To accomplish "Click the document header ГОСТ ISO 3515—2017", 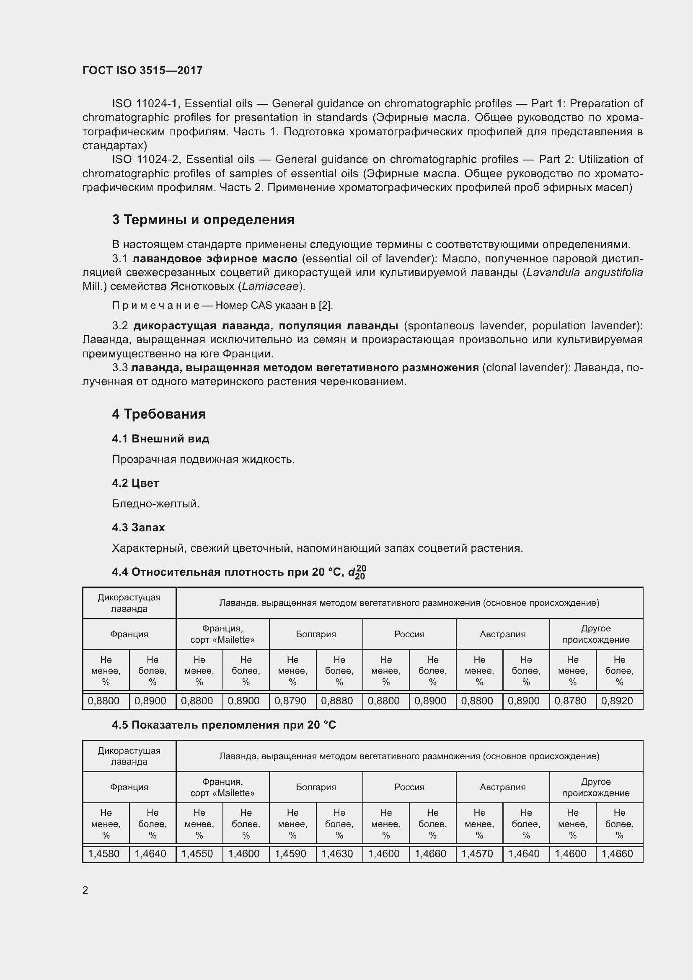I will (142, 70).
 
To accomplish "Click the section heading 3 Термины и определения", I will (203, 220).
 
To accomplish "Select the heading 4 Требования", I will (159, 414).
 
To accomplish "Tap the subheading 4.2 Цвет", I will (135, 483).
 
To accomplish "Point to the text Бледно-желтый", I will (156, 504).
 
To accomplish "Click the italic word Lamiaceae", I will (270, 287).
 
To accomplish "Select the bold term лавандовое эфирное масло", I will (215, 259).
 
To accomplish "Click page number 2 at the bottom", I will (85, 890).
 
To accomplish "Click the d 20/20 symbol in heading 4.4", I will (357, 572).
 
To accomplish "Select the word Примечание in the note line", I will (155, 305).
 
